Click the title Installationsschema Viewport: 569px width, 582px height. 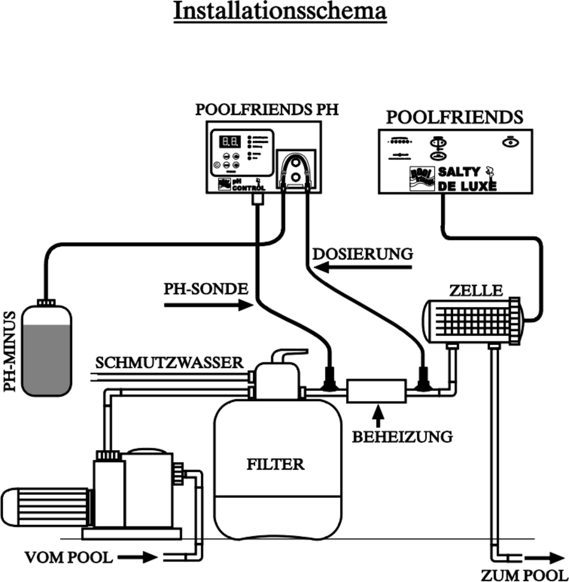tap(280, 11)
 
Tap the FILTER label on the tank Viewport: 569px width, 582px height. tap(276, 464)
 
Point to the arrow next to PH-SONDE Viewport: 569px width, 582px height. tap(208, 305)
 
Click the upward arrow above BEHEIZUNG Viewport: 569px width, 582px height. tap(378, 415)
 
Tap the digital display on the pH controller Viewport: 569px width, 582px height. tap(231, 142)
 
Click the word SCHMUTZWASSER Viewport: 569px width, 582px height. tap(169, 362)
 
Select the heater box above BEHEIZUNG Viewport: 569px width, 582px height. tap(376, 390)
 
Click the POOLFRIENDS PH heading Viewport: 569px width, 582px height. tap(267, 110)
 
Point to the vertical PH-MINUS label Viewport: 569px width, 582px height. tap(9, 351)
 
